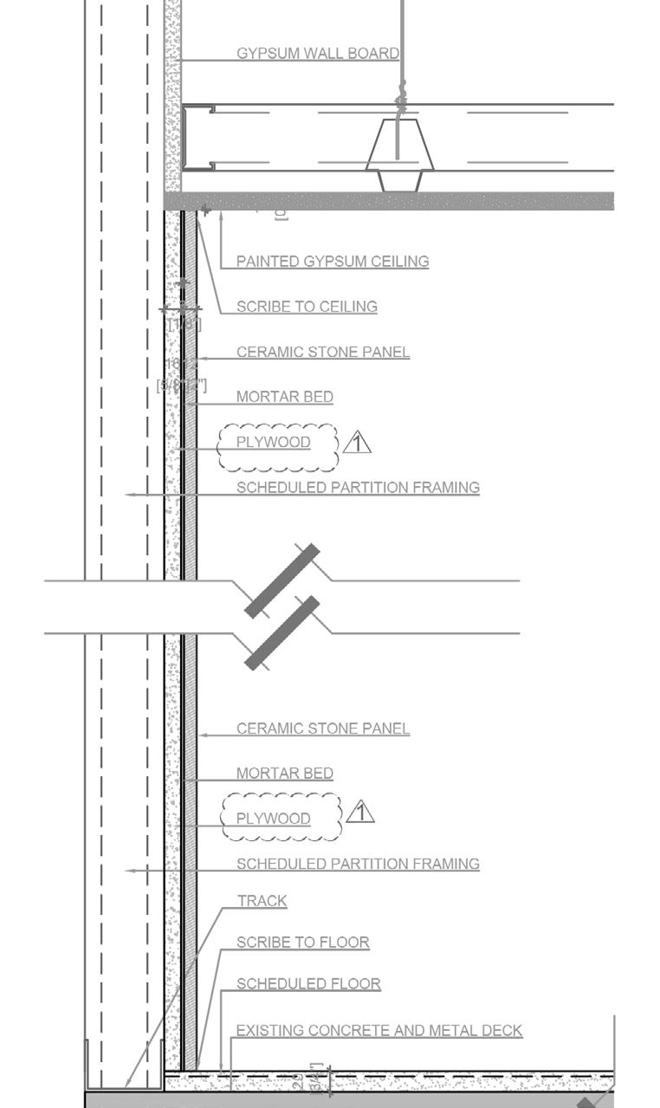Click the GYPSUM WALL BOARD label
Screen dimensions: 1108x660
pos(318,53)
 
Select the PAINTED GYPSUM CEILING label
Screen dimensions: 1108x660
pos(333,261)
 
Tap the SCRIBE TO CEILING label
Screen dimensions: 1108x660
pos(307,306)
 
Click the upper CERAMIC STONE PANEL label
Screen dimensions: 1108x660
pos(323,352)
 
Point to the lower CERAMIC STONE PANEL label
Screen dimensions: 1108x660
pos(323,729)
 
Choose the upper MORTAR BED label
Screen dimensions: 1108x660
pos(285,397)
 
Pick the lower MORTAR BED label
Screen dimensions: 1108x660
pos(285,773)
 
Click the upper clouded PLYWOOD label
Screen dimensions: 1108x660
pos(274,442)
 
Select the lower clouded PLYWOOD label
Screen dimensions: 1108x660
pos(274,818)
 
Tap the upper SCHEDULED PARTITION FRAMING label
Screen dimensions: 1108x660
pos(358,487)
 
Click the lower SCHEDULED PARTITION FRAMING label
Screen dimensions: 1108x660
pos(358,864)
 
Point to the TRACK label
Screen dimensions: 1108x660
pos(262,901)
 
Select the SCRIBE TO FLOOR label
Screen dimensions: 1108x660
pos(303,942)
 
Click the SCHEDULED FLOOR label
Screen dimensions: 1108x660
pos(308,983)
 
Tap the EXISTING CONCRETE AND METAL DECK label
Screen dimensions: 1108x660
pos(379,1030)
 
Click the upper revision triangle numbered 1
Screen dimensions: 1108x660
pos(357,444)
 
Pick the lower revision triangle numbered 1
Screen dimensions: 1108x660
pos(360,813)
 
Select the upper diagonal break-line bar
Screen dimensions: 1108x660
pos(282,580)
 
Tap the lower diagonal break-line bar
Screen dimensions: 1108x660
pos(282,632)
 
